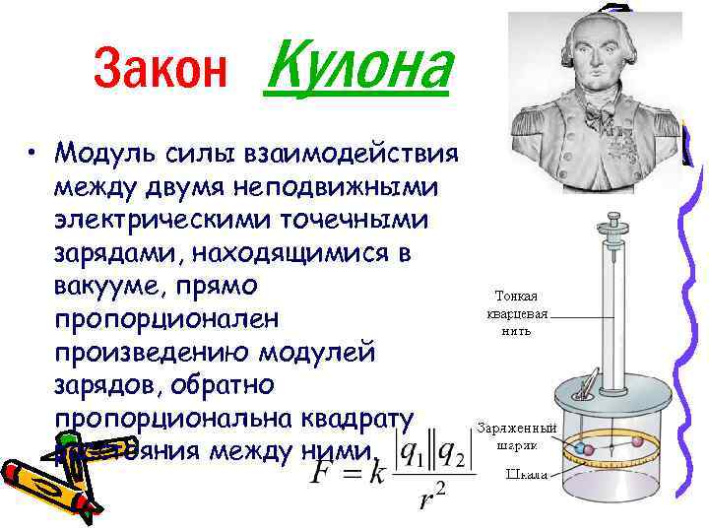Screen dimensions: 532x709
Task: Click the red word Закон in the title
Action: pos(161,68)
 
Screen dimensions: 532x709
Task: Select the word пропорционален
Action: pos(167,320)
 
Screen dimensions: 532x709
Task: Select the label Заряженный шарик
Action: pos(516,436)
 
